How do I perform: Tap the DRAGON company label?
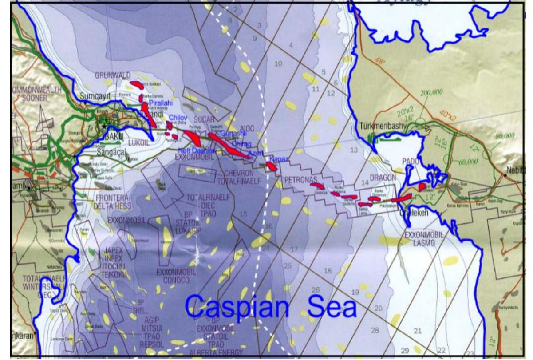[x=382, y=177]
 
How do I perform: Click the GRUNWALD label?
[x=112, y=75]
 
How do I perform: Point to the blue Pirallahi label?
[x=162, y=103]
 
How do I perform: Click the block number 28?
[x=375, y=330]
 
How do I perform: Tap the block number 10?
[x=278, y=64]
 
